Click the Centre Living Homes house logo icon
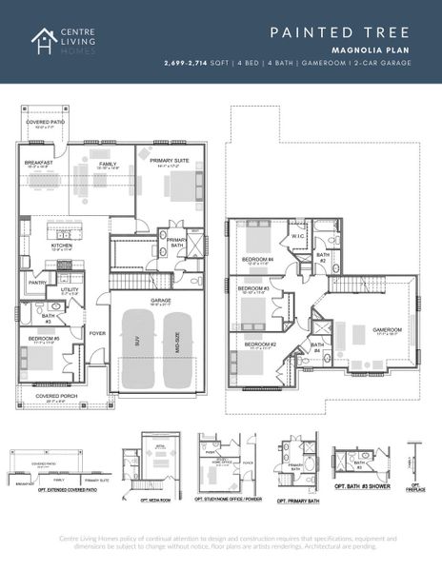[43, 41]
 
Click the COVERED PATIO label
[46, 121]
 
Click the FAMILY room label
[108, 164]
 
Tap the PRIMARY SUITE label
[172, 162]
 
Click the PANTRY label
[38, 282]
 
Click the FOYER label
[97, 333]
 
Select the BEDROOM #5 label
[43, 338]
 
